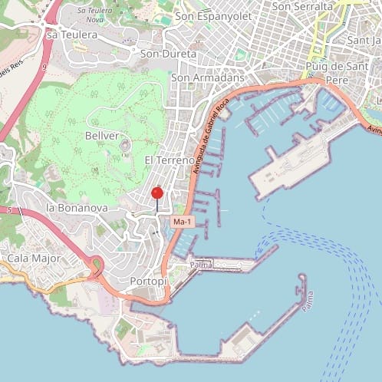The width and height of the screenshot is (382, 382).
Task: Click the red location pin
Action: pyautogui.click(x=157, y=193)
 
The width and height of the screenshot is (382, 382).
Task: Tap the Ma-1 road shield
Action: pyautogui.click(x=181, y=222)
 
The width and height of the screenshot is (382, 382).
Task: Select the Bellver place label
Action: pyautogui.click(x=104, y=135)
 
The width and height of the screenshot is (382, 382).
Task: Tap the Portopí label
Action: pyautogui.click(x=149, y=281)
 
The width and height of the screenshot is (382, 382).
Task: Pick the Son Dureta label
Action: pyautogui.click(x=168, y=54)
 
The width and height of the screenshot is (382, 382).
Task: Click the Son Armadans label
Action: pyautogui.click(x=207, y=77)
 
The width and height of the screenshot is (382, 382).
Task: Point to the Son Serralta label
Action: pyautogui.click(x=302, y=6)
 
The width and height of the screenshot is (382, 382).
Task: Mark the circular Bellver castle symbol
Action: pyautogui.click(x=124, y=145)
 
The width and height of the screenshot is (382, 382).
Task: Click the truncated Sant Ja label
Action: pyautogui.click(x=364, y=40)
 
